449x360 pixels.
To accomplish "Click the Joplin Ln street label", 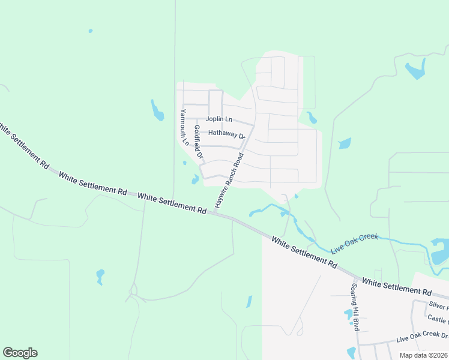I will coord(219,119).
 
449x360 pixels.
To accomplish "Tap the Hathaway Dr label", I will coord(227,134).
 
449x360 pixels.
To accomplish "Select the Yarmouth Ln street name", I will coord(184,128).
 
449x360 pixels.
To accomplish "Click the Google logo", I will coord(20,353).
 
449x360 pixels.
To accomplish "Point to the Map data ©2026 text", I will coord(423,355).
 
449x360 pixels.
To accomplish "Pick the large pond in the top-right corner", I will coord(415,71).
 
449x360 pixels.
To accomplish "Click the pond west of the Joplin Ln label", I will coord(157,110).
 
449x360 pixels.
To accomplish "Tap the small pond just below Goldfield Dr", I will coord(195,179).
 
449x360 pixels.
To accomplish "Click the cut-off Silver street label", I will coord(438,306).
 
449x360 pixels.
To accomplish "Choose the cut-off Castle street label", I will coord(438,320).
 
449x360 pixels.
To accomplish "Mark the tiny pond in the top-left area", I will coord(90,31).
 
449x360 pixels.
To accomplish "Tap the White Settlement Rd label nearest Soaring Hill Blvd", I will coord(396,286).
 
